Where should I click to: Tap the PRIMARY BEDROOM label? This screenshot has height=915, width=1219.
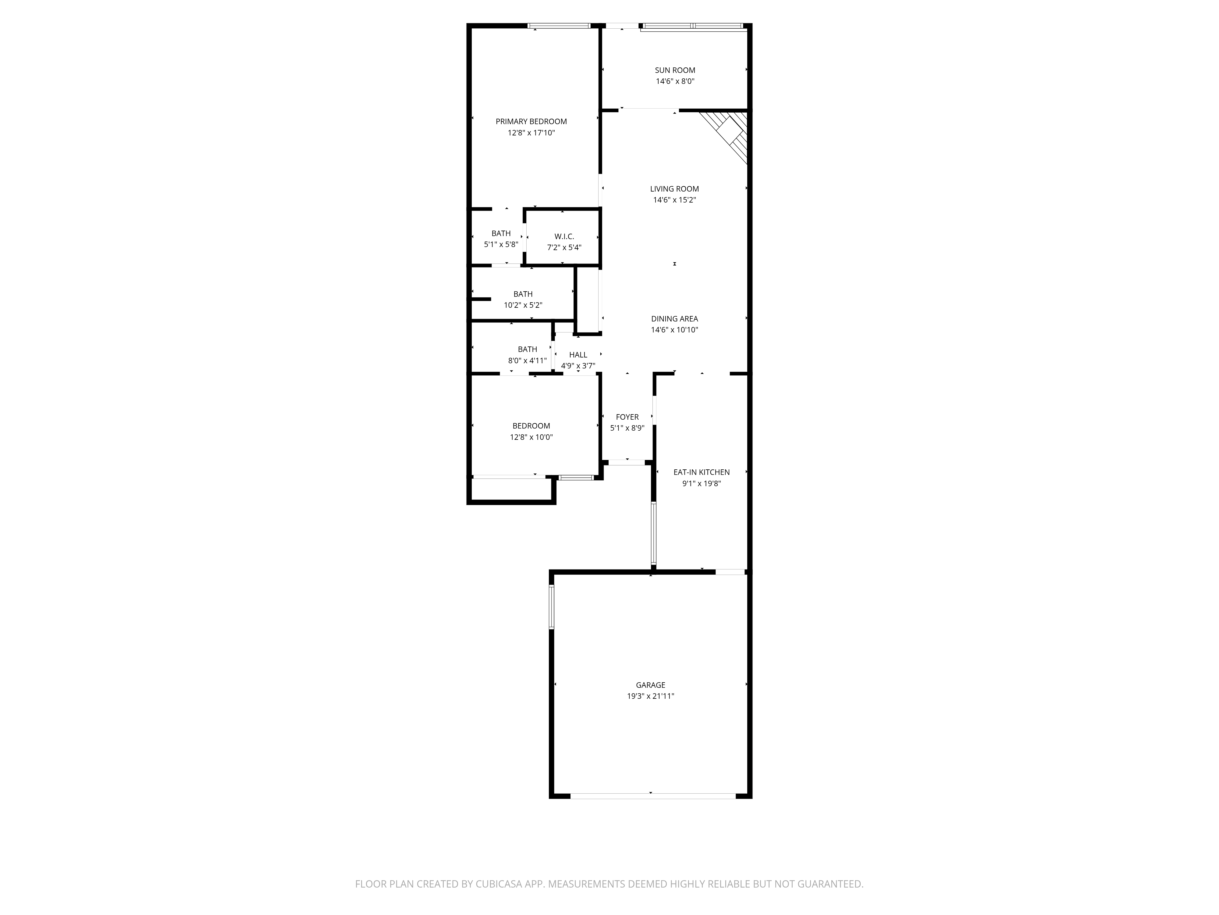pos(531,121)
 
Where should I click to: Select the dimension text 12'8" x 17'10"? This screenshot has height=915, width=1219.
pos(531,133)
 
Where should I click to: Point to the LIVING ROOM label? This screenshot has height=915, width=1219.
pos(674,188)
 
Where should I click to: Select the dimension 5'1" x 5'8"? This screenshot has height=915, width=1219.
pos(501,244)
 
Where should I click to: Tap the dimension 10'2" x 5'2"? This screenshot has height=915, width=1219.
pos(523,305)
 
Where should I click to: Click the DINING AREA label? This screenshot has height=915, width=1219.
pos(674,319)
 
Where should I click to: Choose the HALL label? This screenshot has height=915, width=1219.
pos(578,355)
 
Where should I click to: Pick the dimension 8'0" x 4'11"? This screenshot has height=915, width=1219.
pos(528,361)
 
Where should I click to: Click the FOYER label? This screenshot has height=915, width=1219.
pos(627,417)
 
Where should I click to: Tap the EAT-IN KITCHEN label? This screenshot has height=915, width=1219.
pos(702,472)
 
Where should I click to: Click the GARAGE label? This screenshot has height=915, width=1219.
pos(650,685)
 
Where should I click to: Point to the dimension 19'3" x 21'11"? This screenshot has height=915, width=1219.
pos(650,696)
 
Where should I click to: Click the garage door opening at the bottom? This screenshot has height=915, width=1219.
pos(652,796)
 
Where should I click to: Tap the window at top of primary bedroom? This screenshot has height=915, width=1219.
pos(559,25)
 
